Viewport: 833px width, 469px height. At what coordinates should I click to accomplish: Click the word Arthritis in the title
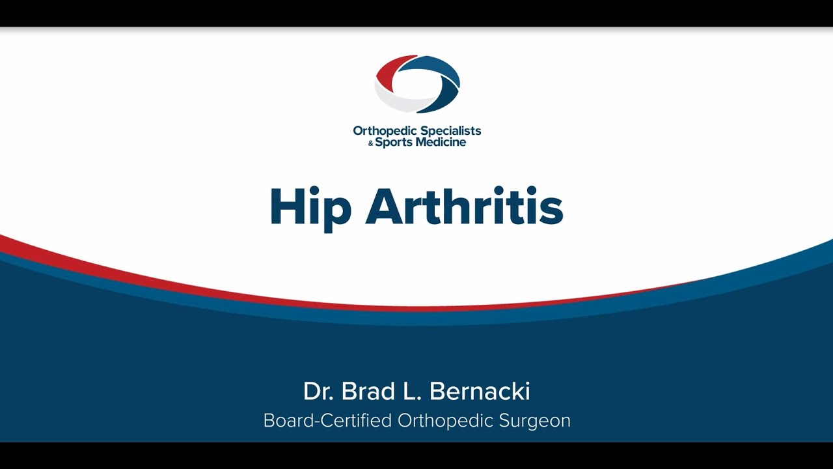click(465, 206)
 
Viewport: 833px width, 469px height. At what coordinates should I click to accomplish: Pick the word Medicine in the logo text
click(441, 142)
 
